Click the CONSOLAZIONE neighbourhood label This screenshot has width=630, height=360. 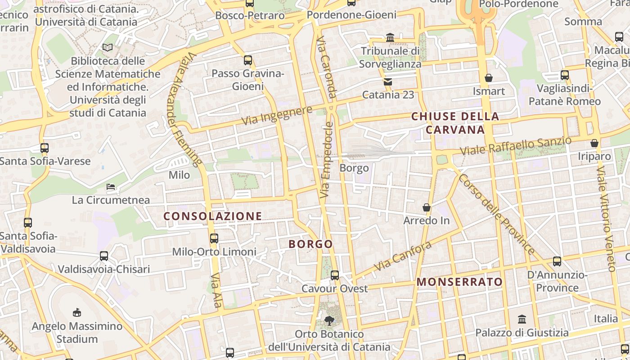tap(212, 216)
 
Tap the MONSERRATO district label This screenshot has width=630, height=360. tap(459, 282)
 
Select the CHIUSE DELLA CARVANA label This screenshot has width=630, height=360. tap(455, 123)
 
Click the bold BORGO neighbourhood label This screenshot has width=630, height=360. tap(310, 244)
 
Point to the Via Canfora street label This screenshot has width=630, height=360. tap(402, 256)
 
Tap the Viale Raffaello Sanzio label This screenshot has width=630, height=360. tap(516, 147)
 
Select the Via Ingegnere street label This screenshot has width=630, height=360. tap(277, 116)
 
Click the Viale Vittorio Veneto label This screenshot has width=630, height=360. tap(606, 219)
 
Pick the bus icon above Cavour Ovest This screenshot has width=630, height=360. tap(335, 275)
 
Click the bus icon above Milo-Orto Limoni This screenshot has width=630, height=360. tap(214, 238)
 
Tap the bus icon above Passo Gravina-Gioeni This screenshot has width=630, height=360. tap(247, 60)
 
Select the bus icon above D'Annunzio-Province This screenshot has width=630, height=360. tap(557, 261)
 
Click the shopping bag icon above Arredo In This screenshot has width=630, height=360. tap(427, 207)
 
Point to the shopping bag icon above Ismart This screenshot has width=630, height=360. tap(489, 78)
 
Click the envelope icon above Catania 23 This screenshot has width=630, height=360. tap(388, 82)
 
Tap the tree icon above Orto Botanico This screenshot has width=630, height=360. tap(329, 321)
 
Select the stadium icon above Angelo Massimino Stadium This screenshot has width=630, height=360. tap(77, 312)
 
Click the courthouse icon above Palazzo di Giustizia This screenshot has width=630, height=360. tap(522, 319)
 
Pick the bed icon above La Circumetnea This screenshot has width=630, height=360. tap(111, 186)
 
